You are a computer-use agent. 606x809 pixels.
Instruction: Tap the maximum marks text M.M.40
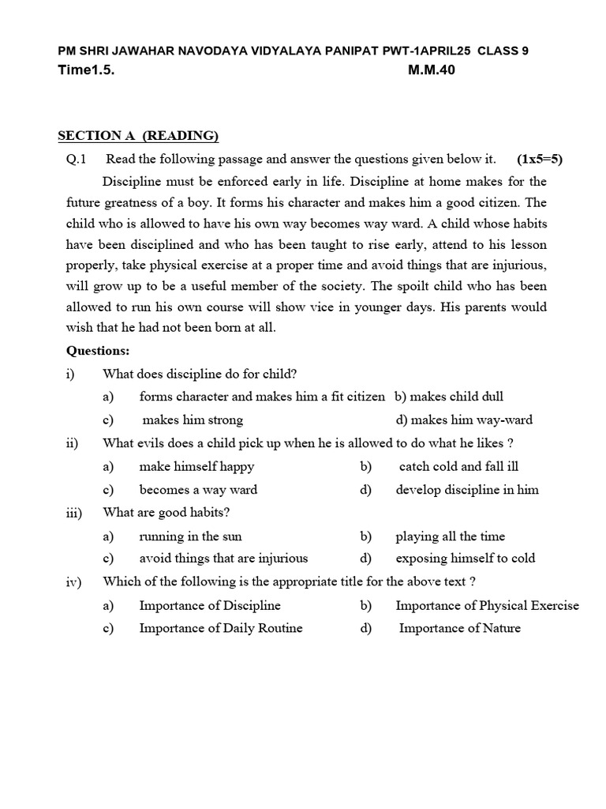431,70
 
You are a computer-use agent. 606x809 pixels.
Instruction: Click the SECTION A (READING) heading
138,136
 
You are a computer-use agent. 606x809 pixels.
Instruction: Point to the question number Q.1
76,159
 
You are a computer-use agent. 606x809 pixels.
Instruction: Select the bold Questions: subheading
98,350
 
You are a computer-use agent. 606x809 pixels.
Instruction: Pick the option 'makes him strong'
193,420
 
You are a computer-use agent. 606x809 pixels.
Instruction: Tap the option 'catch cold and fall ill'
458,466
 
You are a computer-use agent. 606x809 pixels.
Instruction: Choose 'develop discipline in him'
467,489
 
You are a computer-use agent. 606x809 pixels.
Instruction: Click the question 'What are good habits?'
166,513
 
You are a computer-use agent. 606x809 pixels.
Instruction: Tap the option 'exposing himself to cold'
465,558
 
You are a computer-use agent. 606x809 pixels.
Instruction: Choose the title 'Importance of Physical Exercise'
487,605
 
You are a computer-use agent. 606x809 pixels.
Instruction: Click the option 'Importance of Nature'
460,628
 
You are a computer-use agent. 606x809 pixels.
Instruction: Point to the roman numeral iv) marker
73,582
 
